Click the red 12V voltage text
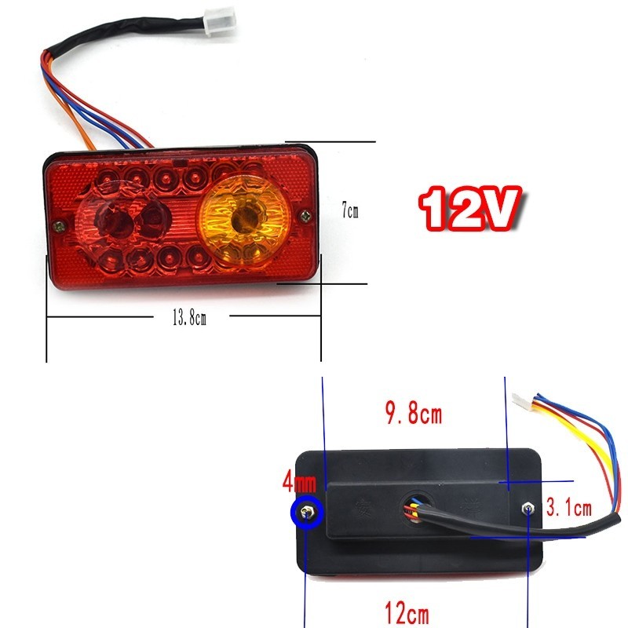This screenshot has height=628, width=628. pyautogui.click(x=469, y=206)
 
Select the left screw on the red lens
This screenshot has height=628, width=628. pyautogui.click(x=57, y=226)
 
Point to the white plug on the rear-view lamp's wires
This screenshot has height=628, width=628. pyautogui.click(x=520, y=400)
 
